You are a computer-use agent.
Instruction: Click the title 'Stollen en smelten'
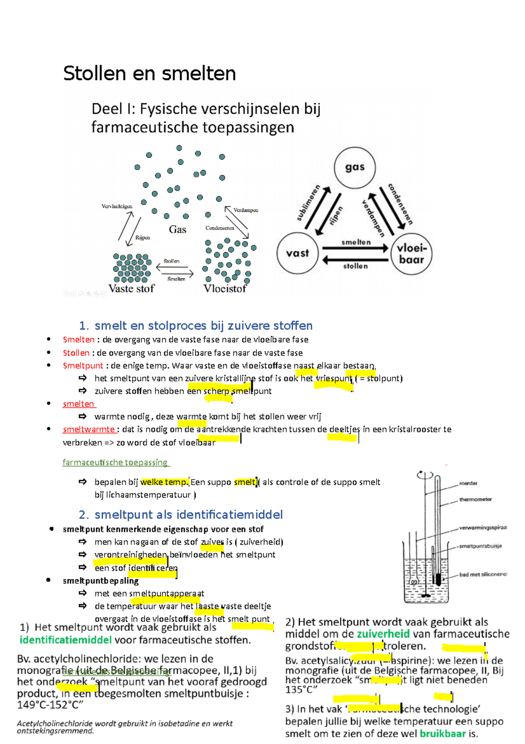[x=149, y=74]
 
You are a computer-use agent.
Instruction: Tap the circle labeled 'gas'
[x=354, y=167]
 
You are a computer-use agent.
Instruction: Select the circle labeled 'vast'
[x=297, y=253]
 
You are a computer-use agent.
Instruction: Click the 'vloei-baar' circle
[x=411, y=254]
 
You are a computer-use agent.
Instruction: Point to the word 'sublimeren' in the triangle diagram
[x=308, y=203]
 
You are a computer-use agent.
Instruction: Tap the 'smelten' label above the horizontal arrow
[x=356, y=242]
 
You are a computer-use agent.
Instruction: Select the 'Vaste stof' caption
[x=131, y=289]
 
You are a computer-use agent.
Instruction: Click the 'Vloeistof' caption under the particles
[x=225, y=289]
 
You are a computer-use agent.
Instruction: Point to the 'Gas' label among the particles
[x=178, y=230]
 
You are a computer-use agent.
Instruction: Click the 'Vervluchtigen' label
[x=117, y=206]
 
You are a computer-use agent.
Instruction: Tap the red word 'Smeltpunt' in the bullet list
[x=83, y=366]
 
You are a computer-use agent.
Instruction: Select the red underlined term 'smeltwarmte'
[x=89, y=429]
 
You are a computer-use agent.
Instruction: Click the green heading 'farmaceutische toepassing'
[x=115, y=462]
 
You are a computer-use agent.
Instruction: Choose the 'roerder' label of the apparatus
[x=468, y=483]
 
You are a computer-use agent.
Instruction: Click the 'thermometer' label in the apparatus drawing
[x=476, y=500]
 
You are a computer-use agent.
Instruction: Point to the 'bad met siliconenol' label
[x=483, y=574]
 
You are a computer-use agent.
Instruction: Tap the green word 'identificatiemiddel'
[x=66, y=640]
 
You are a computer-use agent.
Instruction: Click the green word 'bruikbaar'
[x=443, y=733]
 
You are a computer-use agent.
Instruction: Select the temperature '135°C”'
[x=301, y=690]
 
